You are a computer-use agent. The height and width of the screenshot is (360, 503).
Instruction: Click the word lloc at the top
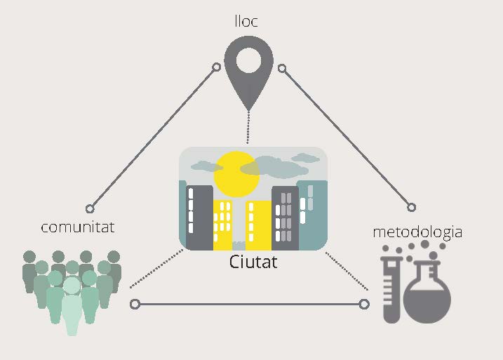pos(246,21)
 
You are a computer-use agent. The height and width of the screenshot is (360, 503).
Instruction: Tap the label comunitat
pos(77,227)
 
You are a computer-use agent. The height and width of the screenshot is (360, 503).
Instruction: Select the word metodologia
pos(417,231)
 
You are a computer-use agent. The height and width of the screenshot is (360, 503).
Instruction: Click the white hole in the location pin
pos(248,60)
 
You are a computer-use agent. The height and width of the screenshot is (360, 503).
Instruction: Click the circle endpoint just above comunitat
pos(90,208)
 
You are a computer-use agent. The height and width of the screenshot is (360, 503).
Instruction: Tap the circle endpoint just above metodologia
pos(412,207)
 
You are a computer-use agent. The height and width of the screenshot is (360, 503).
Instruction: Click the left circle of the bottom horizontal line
pos(135,304)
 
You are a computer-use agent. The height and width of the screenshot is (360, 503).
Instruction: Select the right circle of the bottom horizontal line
pos(363,304)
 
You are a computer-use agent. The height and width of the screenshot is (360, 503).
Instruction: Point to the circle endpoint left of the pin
pos(217,68)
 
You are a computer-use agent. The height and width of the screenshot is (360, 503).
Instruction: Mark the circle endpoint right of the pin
pos(282,68)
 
